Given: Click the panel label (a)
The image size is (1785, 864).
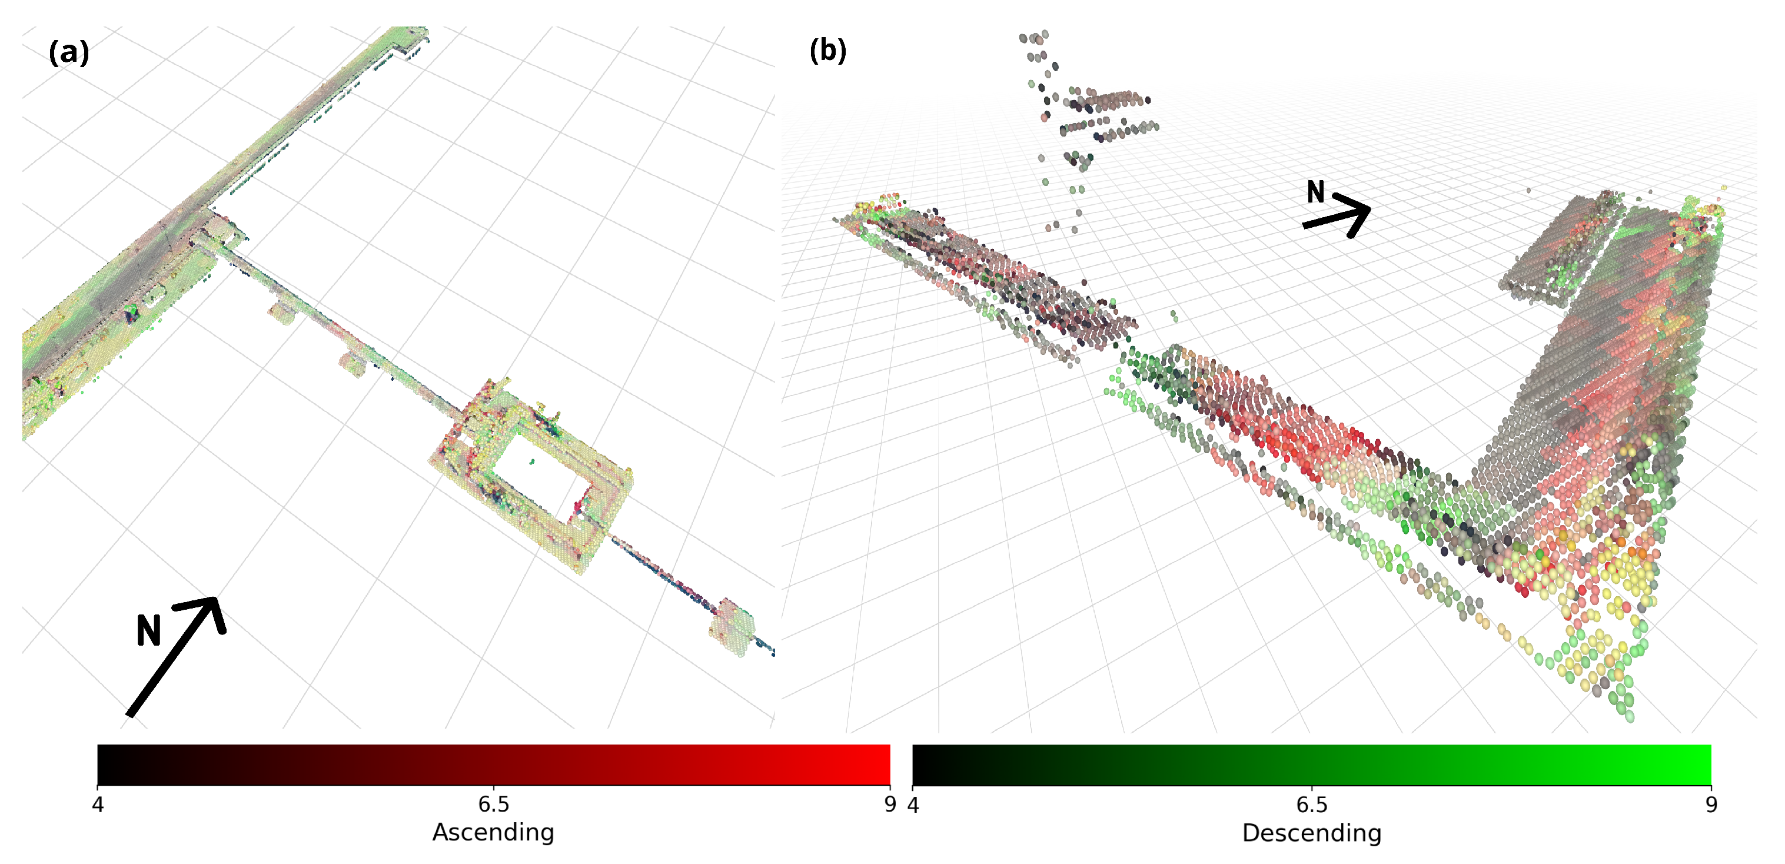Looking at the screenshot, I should point(69,52).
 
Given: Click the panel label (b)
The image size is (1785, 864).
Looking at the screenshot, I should point(827,51).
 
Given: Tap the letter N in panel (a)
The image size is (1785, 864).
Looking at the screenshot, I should point(148,630).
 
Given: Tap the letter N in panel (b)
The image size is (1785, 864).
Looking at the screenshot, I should point(1315,192).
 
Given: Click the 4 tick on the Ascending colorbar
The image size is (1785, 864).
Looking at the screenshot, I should point(98,804).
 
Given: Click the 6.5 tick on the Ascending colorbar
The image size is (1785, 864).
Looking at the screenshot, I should point(493,804).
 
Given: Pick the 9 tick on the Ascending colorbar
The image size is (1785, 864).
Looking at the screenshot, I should point(890,804).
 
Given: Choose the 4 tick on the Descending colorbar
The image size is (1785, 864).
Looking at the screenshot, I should point(913,805).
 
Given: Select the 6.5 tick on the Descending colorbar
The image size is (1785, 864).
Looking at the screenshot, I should point(1312,805).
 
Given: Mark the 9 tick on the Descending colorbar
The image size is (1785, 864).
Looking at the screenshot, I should point(1711,805).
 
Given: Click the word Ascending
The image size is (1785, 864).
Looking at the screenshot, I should point(493,832).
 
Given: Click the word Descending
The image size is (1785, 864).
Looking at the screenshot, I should point(1311,833).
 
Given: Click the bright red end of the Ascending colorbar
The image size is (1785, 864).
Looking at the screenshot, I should point(880,764).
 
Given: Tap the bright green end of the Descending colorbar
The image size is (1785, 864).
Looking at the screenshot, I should point(1701,764).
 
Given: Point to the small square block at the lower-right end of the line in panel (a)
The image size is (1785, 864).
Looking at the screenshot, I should point(731,626).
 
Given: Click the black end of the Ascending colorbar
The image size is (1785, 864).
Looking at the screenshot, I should point(107,764).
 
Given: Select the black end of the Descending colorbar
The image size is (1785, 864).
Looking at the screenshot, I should point(923,764).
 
